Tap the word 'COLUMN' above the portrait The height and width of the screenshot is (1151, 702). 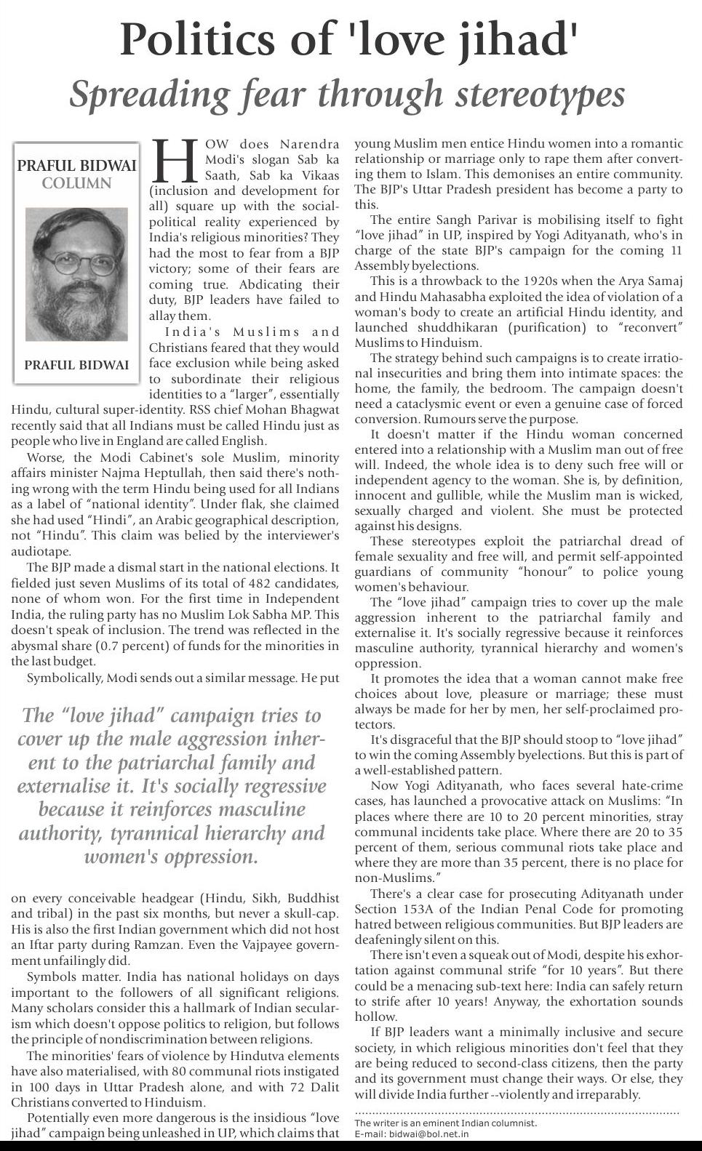point(76,183)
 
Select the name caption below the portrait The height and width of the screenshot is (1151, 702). point(76,364)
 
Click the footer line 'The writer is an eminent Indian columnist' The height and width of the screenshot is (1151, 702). point(445,1123)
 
